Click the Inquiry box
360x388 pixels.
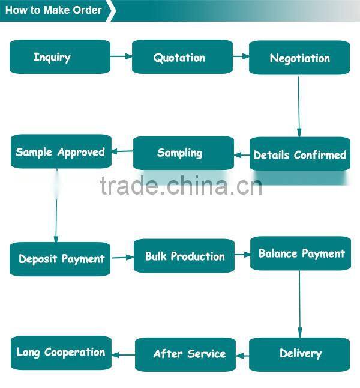pos(60,56)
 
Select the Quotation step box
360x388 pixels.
pos(182,57)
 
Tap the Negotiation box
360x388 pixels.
pos(299,58)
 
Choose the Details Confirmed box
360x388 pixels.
pos(300,154)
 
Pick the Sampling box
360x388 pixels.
pos(184,153)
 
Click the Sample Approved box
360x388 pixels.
pos(61,151)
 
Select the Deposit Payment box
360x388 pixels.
pos(60,259)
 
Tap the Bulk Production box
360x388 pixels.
pos(184,256)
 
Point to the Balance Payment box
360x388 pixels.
pos(301,253)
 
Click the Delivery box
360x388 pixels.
pos(299,354)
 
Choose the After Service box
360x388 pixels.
pos(185,354)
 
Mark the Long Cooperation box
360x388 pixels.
pos(61,353)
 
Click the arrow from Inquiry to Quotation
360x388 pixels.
pos(121,56)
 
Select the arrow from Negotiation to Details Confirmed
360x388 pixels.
pos(299,106)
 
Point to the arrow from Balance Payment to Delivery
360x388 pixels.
pos(299,304)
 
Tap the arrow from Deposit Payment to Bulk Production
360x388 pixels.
pos(122,258)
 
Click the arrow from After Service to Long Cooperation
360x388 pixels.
pos(124,355)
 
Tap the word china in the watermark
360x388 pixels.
pos(197,186)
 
